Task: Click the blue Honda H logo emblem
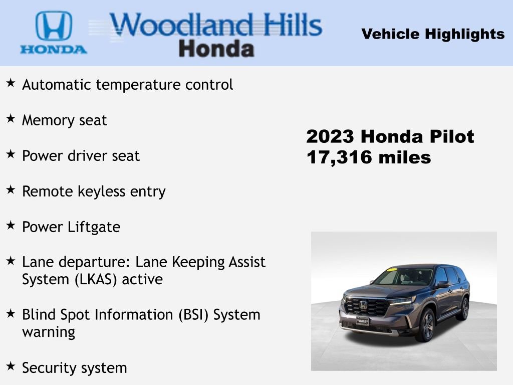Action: tap(54, 26)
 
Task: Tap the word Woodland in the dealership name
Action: tap(180, 25)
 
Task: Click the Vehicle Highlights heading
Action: tap(433, 34)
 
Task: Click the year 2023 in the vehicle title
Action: tap(331, 136)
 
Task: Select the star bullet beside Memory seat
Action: tap(11, 118)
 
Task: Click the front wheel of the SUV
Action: tap(426, 325)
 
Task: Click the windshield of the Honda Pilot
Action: tap(403, 277)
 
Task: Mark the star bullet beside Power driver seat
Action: tap(11, 154)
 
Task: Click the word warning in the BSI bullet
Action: tap(49, 332)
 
